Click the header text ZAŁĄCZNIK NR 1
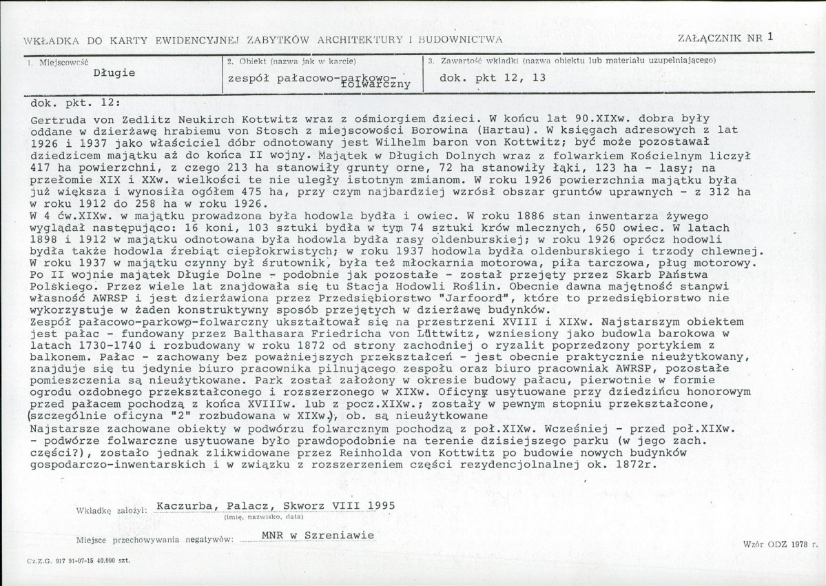tap(726, 39)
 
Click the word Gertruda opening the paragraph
tap(55, 119)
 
